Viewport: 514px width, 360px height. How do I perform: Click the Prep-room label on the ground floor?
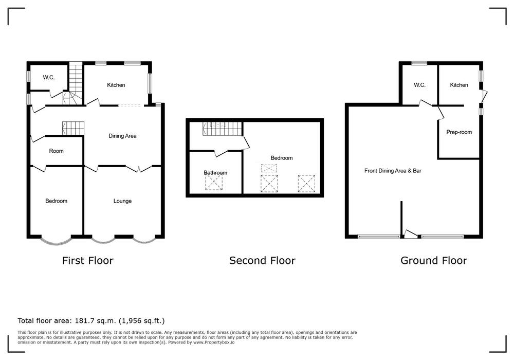point(459,132)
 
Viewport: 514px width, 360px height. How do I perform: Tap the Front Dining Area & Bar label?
point(393,171)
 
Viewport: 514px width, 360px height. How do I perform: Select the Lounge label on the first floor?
point(122,201)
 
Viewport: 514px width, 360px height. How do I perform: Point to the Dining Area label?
point(122,136)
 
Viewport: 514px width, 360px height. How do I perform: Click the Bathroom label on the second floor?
point(215,173)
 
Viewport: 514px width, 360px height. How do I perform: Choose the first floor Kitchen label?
point(116,85)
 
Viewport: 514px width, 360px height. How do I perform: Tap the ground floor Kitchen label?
point(459,85)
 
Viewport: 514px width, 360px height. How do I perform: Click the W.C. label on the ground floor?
point(419,85)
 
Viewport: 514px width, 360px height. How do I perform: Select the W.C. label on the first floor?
point(48,77)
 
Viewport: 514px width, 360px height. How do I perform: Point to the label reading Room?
point(56,151)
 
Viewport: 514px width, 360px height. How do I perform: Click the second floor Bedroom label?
point(282,158)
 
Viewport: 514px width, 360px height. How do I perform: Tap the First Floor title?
point(88,261)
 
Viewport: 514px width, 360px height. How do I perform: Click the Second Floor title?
point(262,261)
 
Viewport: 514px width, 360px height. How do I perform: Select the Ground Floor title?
point(434,261)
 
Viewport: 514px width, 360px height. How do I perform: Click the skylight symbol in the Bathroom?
point(214,182)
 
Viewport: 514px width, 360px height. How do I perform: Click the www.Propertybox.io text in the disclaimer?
point(214,343)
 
